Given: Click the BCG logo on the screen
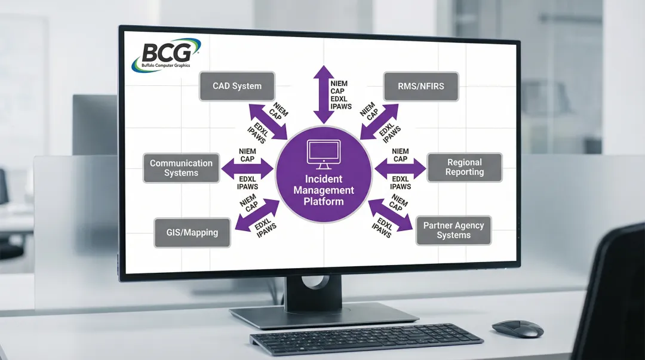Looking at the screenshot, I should [x=165, y=55].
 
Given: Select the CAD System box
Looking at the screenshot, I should [x=237, y=86].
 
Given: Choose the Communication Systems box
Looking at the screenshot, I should [x=181, y=168].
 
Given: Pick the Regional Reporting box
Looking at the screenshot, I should [x=464, y=167].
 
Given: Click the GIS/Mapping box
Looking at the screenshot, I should [x=192, y=232].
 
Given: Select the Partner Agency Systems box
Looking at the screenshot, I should [x=453, y=230].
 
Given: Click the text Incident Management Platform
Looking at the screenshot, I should [x=323, y=190].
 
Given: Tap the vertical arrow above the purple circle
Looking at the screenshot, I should [x=324, y=90].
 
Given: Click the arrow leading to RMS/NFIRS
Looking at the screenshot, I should [x=380, y=121].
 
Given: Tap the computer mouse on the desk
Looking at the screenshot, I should [x=517, y=328].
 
